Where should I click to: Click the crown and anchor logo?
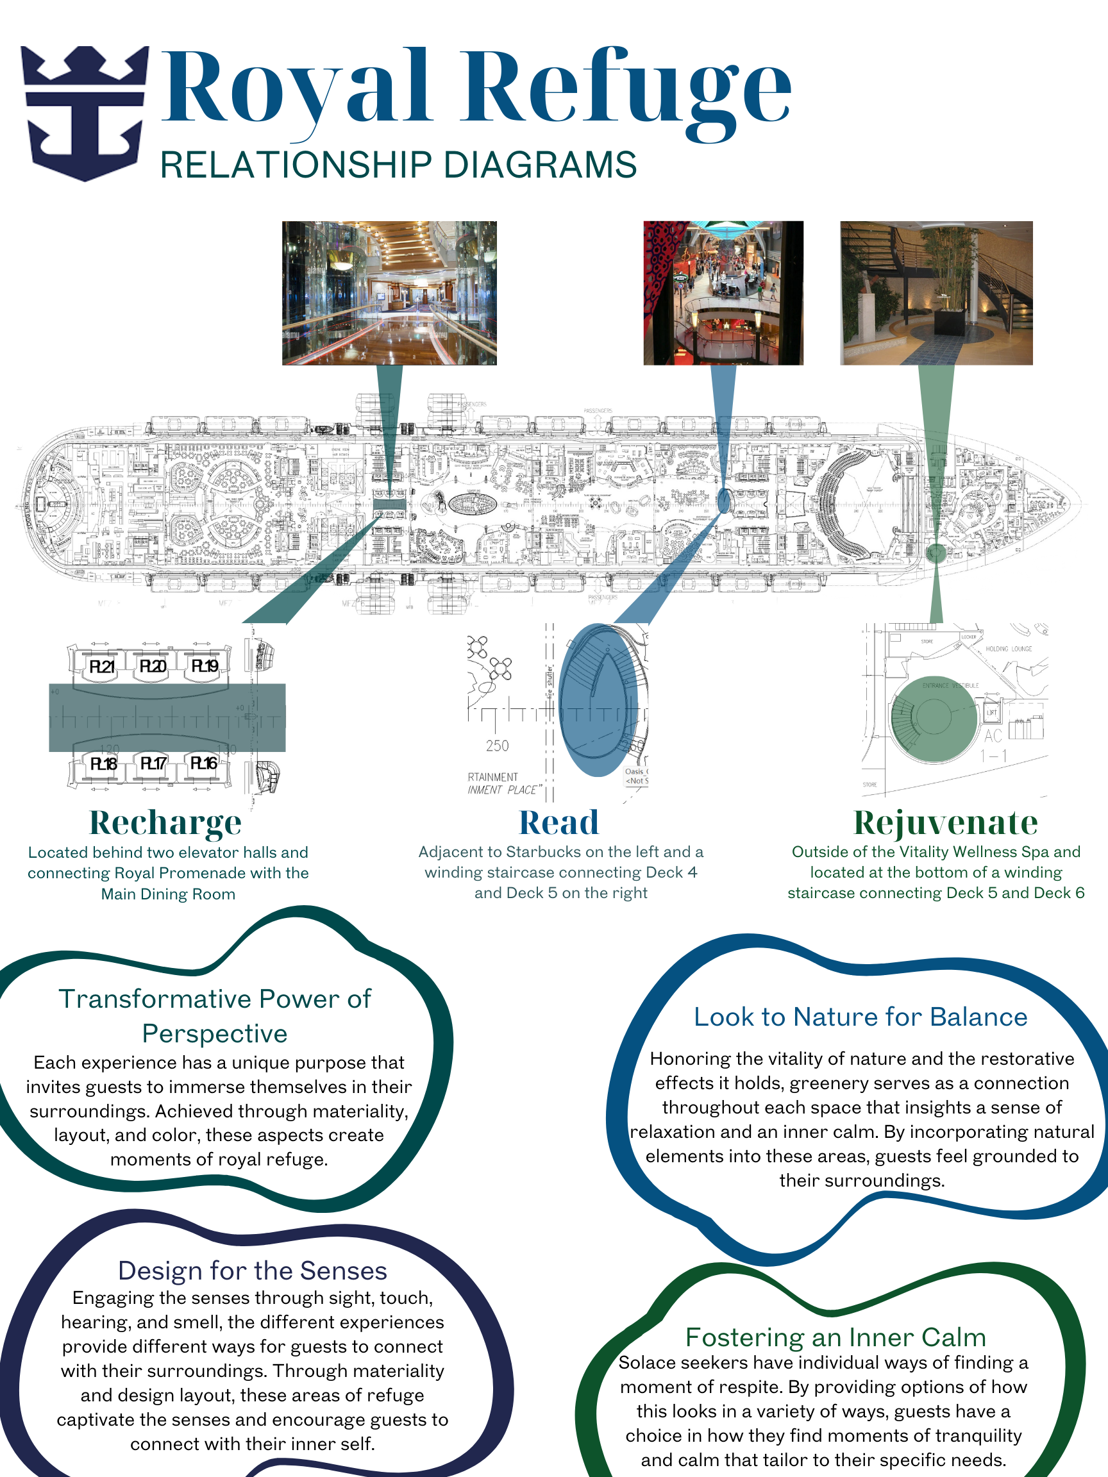tap(85, 112)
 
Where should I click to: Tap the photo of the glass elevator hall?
tap(389, 292)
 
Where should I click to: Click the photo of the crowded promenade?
tap(723, 292)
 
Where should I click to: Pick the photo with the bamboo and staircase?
tap(936, 292)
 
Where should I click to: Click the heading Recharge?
tap(165, 822)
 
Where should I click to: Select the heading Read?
tap(559, 822)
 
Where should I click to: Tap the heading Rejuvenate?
tap(946, 822)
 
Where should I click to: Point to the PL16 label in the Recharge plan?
tap(204, 764)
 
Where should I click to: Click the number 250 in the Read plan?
tap(497, 746)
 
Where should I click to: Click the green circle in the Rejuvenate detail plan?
tap(933, 719)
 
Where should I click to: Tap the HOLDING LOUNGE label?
tap(1009, 649)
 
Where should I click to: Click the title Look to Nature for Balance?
tap(860, 1017)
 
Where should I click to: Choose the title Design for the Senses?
tap(253, 1271)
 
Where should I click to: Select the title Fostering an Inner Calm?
tap(835, 1337)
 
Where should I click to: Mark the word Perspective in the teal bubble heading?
tap(214, 1033)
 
